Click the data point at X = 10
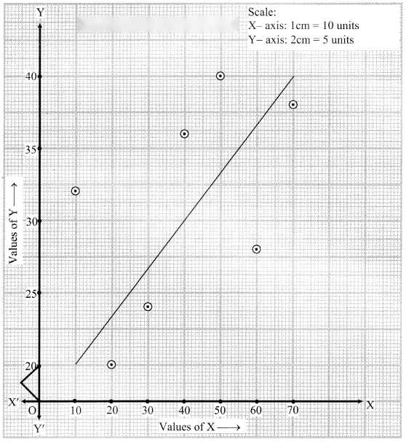pyautogui.click(x=75, y=191)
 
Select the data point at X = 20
pyautogui.click(x=111, y=365)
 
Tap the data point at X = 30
pyautogui.click(x=148, y=307)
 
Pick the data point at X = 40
pyautogui.click(x=184, y=133)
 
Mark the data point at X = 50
pyautogui.click(x=220, y=76)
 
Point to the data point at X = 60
pyautogui.click(x=256, y=249)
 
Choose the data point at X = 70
pyautogui.click(x=293, y=105)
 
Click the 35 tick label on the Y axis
pyautogui.click(x=31, y=149)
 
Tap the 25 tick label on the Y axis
pyautogui.click(x=31, y=294)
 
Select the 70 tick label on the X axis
pyautogui.click(x=293, y=410)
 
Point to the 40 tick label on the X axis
pyautogui.click(x=184, y=410)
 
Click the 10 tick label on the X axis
pyautogui.click(x=76, y=411)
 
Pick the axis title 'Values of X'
pyautogui.click(x=187, y=427)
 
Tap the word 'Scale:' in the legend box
pyautogui.click(x=262, y=12)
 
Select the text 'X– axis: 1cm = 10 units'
pyautogui.click(x=303, y=25)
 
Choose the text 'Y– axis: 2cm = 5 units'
pyautogui.click(x=301, y=40)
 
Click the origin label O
pyautogui.click(x=32, y=411)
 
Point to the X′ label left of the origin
pyautogui.click(x=14, y=402)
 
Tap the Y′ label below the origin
pyautogui.click(x=39, y=429)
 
